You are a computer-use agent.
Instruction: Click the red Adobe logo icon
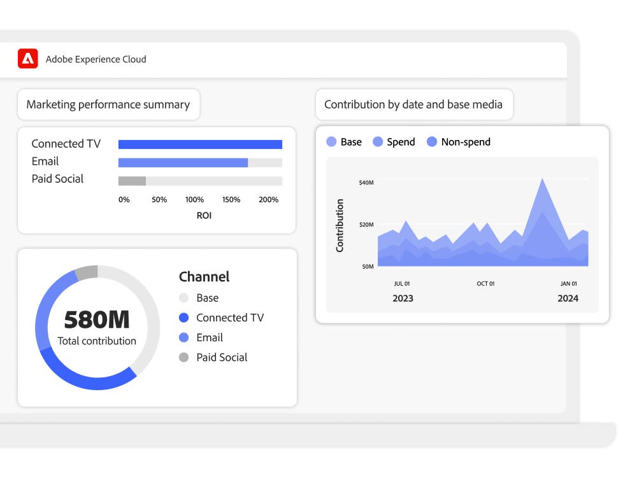point(27,59)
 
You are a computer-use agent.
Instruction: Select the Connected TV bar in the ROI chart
point(200,144)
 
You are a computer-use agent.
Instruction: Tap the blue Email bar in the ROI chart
point(183,163)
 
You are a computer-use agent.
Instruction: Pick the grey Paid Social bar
point(132,181)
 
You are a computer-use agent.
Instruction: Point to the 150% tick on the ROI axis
point(231,200)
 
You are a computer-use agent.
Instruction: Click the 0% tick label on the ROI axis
point(124,200)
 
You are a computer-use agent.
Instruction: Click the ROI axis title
point(204,216)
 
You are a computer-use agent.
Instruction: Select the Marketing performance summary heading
point(108,104)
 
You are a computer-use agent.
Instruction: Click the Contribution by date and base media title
point(413,104)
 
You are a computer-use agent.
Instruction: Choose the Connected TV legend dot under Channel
point(184,318)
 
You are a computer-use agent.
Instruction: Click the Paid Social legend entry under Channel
point(221,358)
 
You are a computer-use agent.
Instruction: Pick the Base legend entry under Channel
point(207,298)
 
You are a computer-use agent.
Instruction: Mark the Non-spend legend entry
point(465,142)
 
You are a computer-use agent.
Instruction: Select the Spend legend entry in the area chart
point(401,142)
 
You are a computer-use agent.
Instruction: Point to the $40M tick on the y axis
point(366,183)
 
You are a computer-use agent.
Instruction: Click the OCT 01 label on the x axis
point(485,283)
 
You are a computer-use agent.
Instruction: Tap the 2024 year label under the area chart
point(568,298)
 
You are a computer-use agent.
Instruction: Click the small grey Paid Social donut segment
point(86,273)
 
